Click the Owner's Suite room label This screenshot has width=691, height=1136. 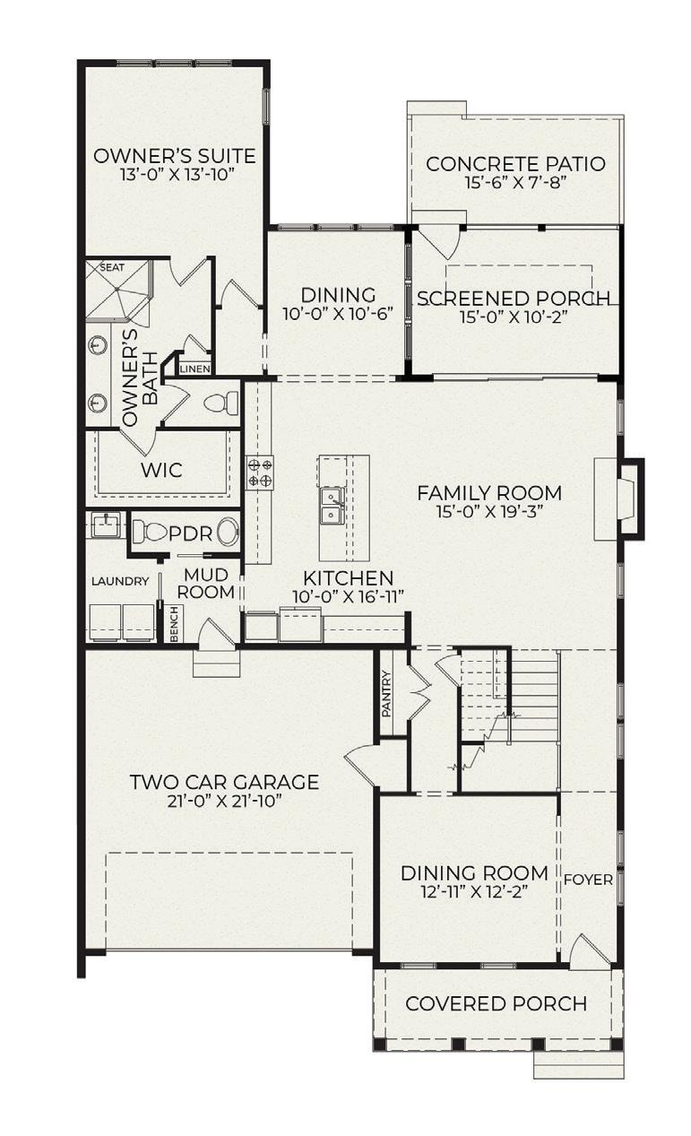[175, 156]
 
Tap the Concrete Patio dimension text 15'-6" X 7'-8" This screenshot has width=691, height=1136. [515, 183]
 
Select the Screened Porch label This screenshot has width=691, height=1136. [514, 299]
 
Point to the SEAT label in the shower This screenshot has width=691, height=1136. [112, 267]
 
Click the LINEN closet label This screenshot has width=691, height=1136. [195, 369]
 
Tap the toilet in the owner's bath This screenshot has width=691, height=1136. [221, 403]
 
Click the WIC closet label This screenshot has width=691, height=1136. [161, 470]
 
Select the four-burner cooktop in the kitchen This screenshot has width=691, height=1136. [260, 473]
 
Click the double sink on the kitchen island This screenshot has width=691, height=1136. [332, 505]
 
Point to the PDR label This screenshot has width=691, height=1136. [190, 533]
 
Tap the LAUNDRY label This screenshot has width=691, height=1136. [120, 581]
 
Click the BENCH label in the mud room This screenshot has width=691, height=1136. [175, 624]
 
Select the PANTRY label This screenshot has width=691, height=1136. [387, 694]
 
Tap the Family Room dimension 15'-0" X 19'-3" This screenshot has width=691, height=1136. [489, 511]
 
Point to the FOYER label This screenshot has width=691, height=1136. [588, 880]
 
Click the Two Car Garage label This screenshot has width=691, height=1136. [225, 782]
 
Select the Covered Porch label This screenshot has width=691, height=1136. [497, 1003]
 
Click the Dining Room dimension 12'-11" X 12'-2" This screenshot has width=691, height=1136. [474, 891]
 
